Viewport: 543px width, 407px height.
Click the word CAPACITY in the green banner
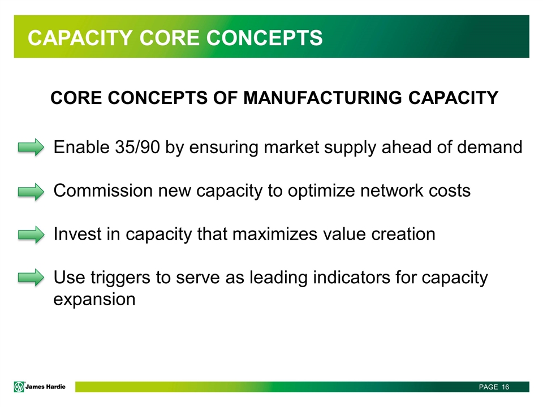pyautogui.click(x=80, y=38)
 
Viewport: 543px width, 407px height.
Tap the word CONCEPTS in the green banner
pyautogui.click(x=264, y=38)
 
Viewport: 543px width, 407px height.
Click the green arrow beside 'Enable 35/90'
pyautogui.click(x=31, y=148)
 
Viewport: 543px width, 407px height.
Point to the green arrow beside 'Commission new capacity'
pyautogui.click(x=31, y=192)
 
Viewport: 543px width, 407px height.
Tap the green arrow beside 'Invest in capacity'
pyautogui.click(x=31, y=235)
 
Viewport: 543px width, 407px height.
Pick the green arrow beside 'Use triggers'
pyautogui.click(x=31, y=278)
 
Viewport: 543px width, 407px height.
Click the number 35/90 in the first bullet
pyautogui.click(x=137, y=147)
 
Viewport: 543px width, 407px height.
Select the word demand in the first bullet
pyautogui.click(x=490, y=147)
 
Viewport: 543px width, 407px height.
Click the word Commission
pyautogui.click(x=103, y=190)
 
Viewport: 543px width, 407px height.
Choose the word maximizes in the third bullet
pyautogui.click(x=275, y=234)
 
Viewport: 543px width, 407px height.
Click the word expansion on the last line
pyautogui.click(x=94, y=300)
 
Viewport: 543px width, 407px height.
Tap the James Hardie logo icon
pyautogui.click(x=19, y=387)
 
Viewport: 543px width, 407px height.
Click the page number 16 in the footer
pyautogui.click(x=505, y=387)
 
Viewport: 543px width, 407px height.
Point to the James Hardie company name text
pyautogui.click(x=45, y=387)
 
